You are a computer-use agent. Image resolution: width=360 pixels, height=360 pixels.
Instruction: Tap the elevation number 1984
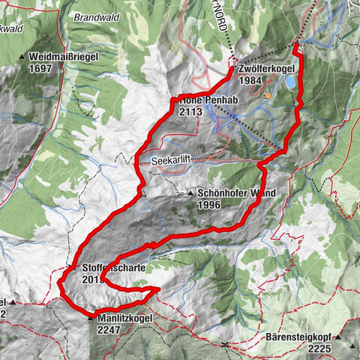(x=250, y=80)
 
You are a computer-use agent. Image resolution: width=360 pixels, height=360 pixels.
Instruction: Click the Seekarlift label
(x=172, y=160)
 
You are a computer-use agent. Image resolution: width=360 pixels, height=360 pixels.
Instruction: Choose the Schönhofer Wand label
(x=236, y=193)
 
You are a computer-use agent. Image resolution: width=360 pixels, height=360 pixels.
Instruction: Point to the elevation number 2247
(x=109, y=329)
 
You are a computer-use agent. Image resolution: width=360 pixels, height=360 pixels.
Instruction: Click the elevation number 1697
(x=42, y=67)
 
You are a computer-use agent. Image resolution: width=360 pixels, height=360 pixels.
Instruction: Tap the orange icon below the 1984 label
(x=266, y=96)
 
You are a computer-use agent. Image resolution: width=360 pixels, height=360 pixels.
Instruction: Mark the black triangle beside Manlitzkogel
(x=91, y=319)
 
